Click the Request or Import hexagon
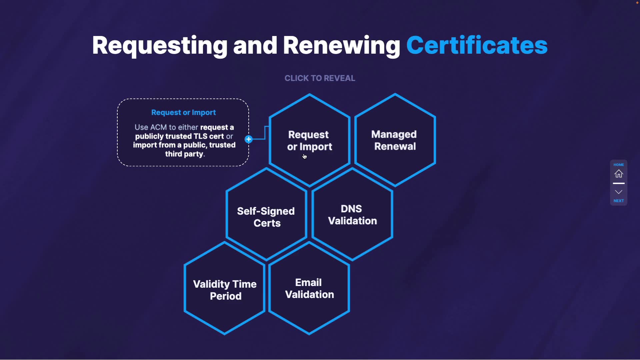click(x=310, y=140)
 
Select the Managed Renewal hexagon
click(x=395, y=140)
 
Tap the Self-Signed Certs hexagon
click(x=266, y=217)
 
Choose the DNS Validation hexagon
click(x=352, y=215)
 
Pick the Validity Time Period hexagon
click(x=225, y=290)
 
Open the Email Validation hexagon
click(x=309, y=288)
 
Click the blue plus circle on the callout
click(x=249, y=139)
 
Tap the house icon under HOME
click(x=619, y=174)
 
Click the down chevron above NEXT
click(x=619, y=192)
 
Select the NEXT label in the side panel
click(x=619, y=201)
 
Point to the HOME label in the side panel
click(x=619, y=165)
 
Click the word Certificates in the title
click(x=477, y=45)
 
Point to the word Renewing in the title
click(x=341, y=45)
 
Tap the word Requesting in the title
click(x=160, y=45)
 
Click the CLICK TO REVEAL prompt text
click(x=320, y=78)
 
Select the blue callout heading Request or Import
click(x=183, y=113)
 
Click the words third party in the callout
click(x=184, y=154)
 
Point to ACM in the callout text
click(x=158, y=127)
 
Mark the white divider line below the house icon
click(x=619, y=183)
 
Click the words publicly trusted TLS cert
click(x=179, y=136)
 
